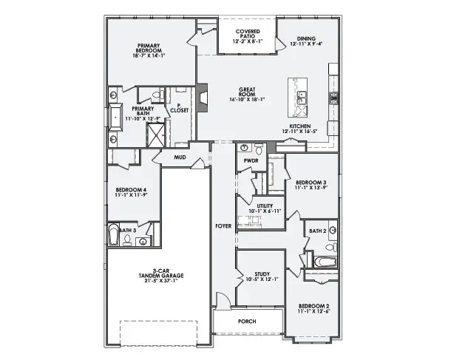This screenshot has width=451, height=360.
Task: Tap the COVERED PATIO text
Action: pyautogui.click(x=247, y=35)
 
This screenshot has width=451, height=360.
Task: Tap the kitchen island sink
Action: pyautogui.click(x=302, y=96)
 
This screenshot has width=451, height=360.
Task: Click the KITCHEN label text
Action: pyautogui.click(x=299, y=126)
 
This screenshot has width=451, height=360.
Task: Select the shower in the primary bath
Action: pyautogui.click(x=156, y=135)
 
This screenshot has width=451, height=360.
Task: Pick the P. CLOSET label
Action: pyautogui.click(x=179, y=108)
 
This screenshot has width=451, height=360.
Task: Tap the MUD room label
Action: pyautogui.click(x=180, y=157)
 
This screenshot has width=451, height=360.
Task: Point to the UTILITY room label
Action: pyautogui.click(x=265, y=207)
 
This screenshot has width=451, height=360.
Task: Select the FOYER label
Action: pyautogui.click(x=223, y=225)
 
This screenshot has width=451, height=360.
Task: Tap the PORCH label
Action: pyautogui.click(x=247, y=322)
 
